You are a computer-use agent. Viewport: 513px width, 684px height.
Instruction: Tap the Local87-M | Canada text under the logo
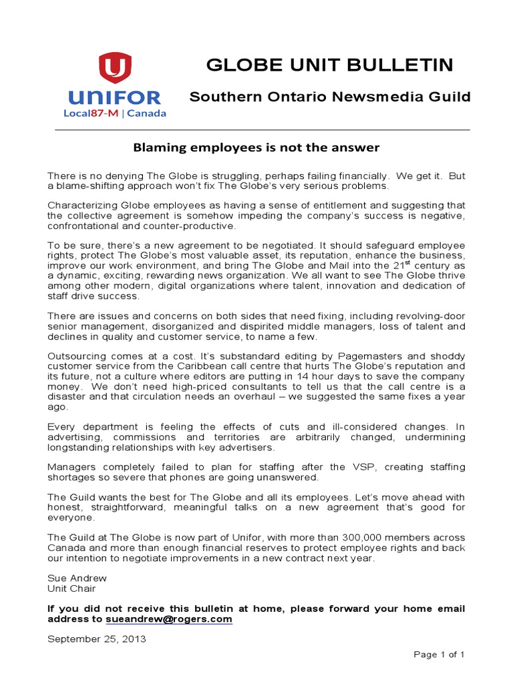(115, 114)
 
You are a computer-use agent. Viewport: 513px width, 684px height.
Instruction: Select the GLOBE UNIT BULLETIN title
(330, 65)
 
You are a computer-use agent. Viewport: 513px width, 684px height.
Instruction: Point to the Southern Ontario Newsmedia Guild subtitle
(330, 97)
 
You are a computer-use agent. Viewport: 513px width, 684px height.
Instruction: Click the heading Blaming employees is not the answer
(256, 147)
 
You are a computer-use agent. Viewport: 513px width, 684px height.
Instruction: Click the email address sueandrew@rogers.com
(169, 619)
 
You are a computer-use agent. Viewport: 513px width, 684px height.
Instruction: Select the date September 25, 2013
(96, 639)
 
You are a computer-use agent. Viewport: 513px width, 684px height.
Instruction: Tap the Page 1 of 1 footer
(439, 655)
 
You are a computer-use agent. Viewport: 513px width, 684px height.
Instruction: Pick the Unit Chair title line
(71, 588)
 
